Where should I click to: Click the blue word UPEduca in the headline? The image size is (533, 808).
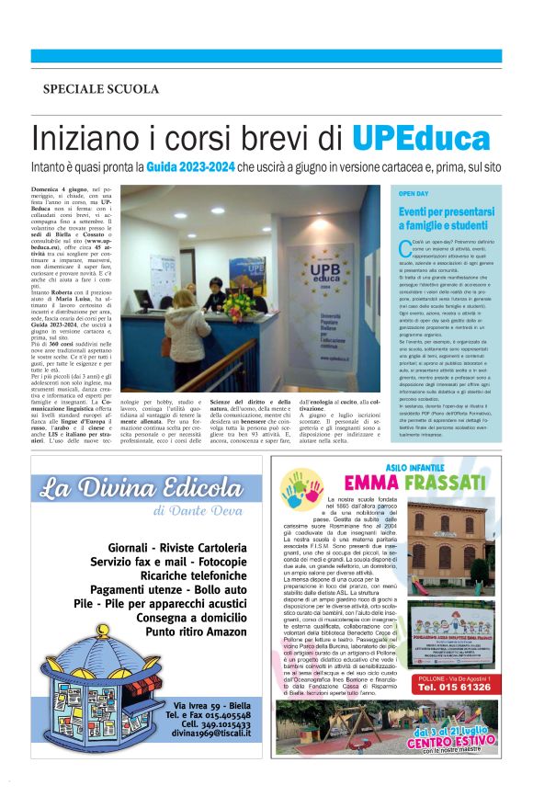coord(421,139)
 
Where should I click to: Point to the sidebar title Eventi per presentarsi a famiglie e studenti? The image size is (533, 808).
coord(443,218)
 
